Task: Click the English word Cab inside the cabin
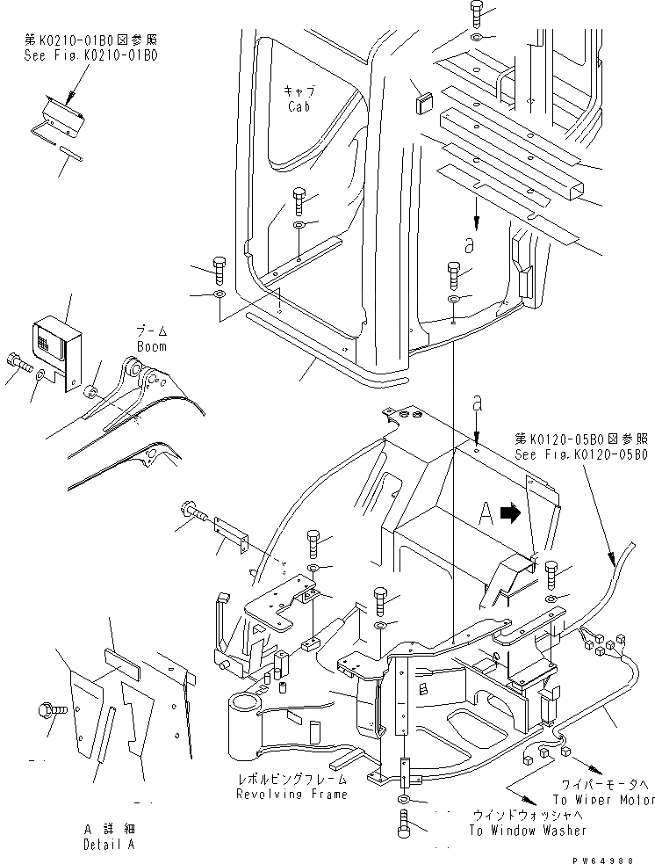click(299, 106)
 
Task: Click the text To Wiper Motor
click(603, 800)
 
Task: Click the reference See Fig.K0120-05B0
click(581, 454)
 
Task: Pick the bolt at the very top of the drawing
click(475, 13)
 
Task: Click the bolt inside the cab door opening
click(299, 201)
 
